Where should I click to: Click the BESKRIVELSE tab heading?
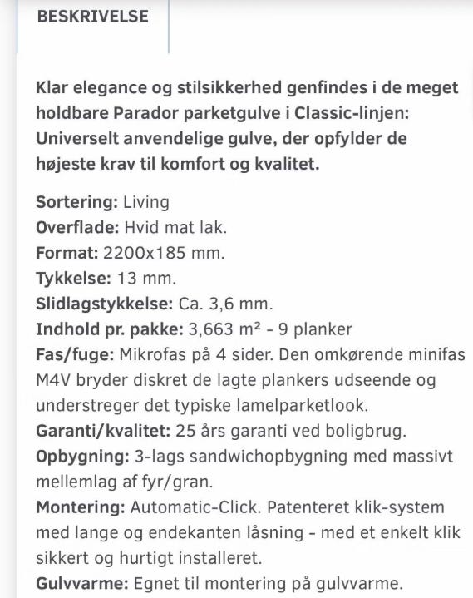(92, 17)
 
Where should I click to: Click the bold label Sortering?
(76, 201)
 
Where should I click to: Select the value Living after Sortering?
(145, 201)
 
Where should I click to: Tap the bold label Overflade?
(77, 227)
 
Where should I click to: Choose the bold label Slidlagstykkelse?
(104, 304)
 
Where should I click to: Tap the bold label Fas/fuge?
(75, 354)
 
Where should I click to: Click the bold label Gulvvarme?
(80, 583)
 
